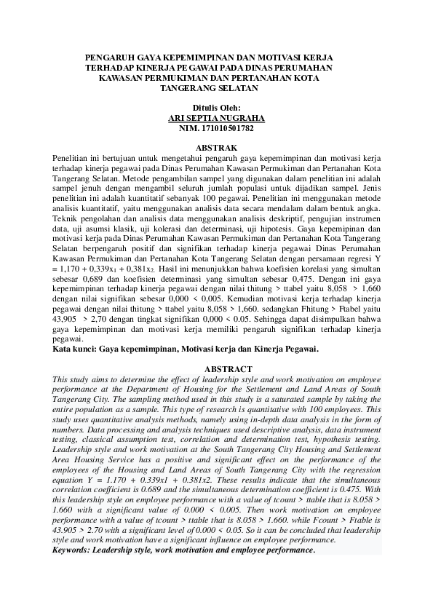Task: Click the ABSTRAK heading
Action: point(217,147)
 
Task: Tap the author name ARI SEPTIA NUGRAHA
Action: point(216,117)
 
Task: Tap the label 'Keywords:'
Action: point(74,550)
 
